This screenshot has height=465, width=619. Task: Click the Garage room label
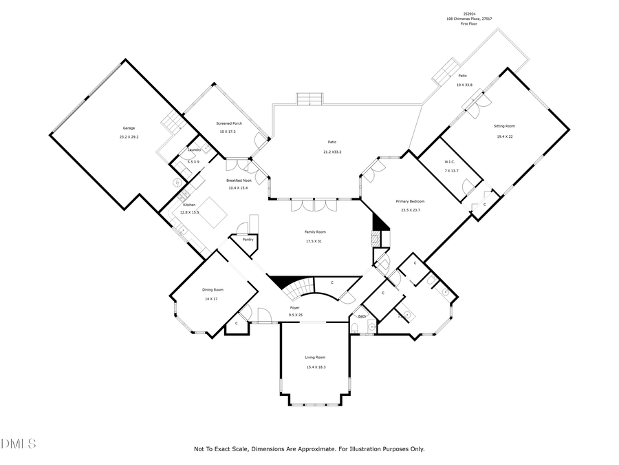129,128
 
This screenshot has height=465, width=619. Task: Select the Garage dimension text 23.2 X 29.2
129,136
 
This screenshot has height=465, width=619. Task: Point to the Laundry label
194,149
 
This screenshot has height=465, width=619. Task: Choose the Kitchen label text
189,205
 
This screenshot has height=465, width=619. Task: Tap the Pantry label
248,239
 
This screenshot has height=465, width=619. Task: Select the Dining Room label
213,290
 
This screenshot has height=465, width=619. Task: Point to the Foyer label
294,307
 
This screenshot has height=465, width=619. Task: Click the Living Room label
315,358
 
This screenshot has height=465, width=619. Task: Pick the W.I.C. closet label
450,163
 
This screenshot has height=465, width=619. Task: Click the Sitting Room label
504,126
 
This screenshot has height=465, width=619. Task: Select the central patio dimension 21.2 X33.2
336,152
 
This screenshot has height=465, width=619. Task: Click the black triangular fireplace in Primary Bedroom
380,222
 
